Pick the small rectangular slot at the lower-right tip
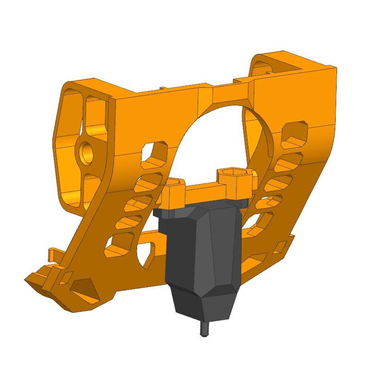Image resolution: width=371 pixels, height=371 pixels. click(x=280, y=244)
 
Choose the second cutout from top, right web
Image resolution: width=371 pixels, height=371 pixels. click(x=288, y=160)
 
